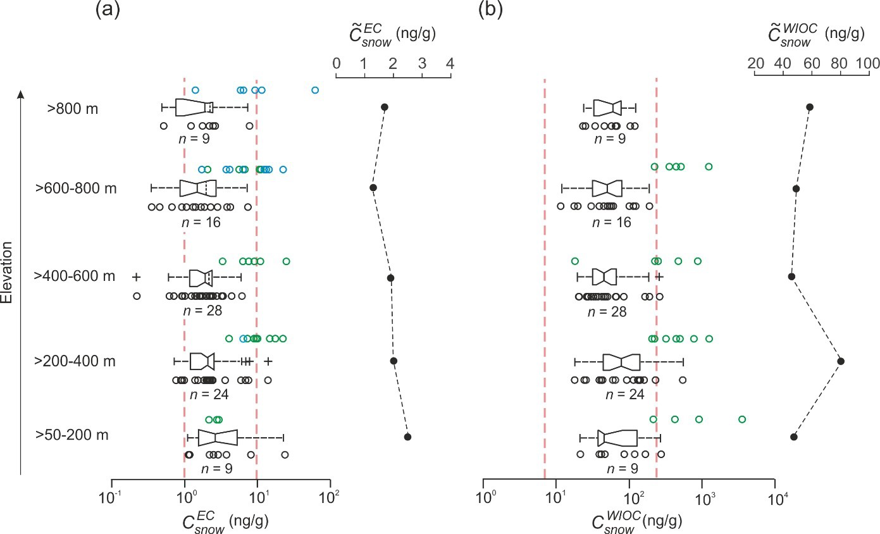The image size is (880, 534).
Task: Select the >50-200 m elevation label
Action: click(x=72, y=435)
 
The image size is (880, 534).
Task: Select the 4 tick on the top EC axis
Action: click(x=450, y=65)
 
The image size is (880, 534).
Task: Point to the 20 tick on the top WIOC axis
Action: click(x=755, y=65)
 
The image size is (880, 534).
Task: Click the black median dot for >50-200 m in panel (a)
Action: click(x=407, y=437)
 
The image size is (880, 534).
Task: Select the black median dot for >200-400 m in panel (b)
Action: click(x=841, y=361)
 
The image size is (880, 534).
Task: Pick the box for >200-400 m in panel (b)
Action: click(x=621, y=361)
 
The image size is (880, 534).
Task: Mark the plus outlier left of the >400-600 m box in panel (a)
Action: click(x=136, y=277)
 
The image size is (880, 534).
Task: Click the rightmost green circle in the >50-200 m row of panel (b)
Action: click(x=742, y=419)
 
